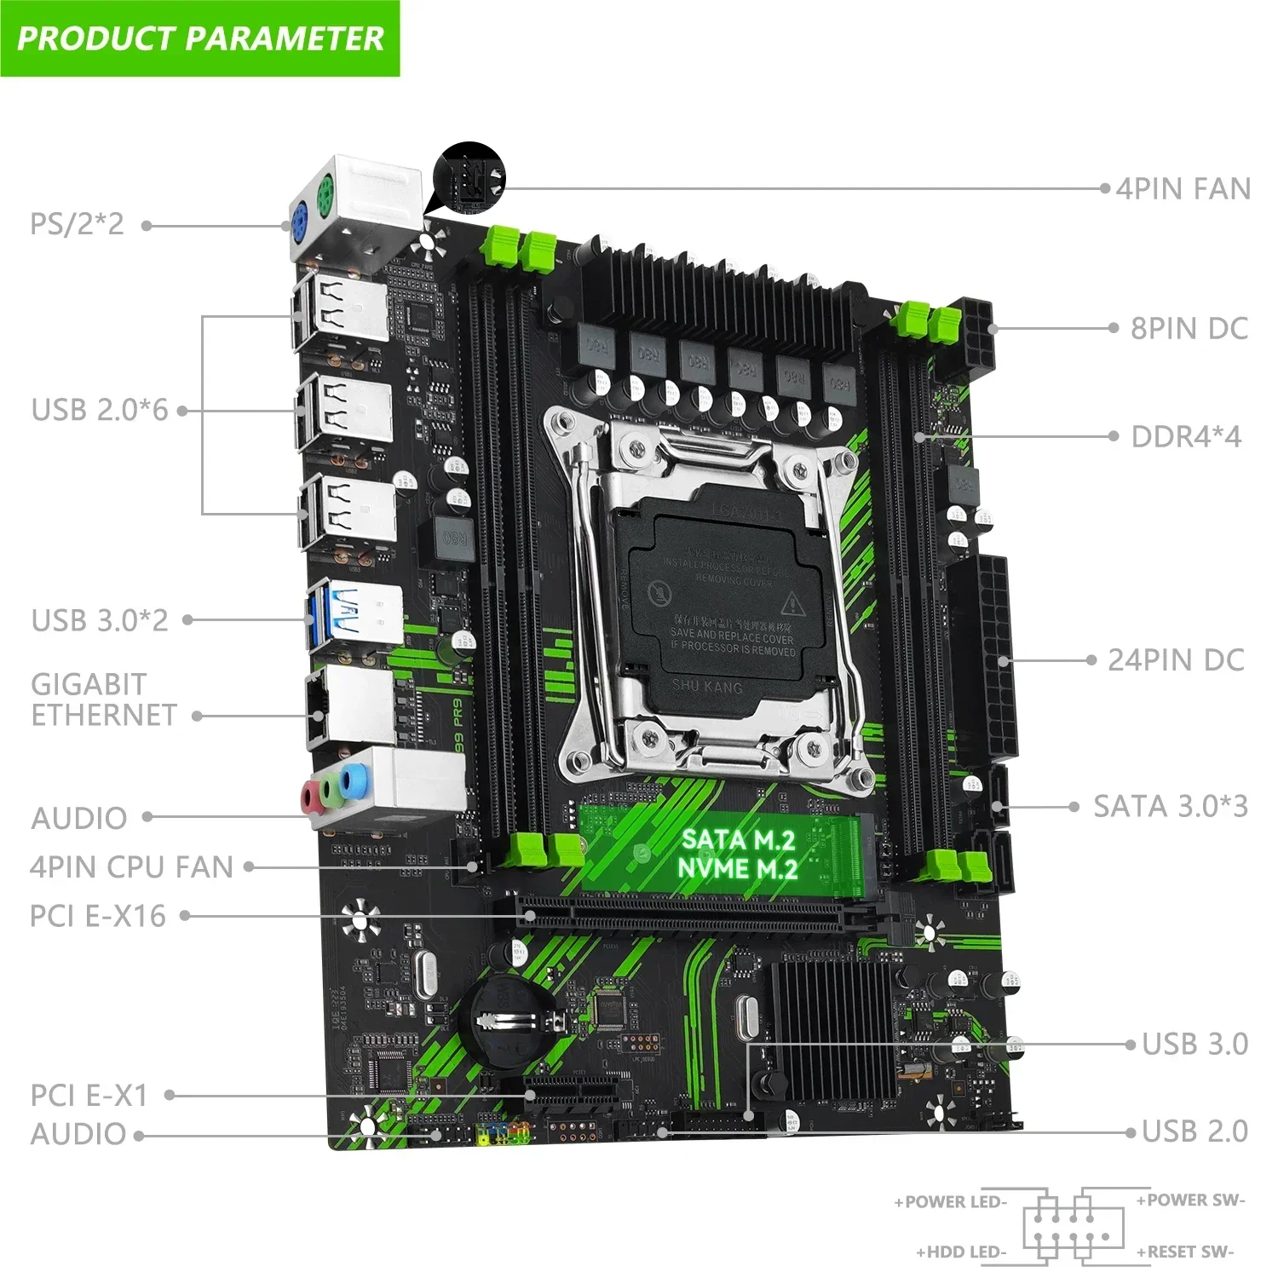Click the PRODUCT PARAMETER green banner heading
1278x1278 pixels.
click(x=200, y=38)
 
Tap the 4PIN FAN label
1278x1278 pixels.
click(x=1183, y=189)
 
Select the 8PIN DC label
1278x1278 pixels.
click(x=1189, y=329)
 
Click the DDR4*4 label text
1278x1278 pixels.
click(x=1185, y=437)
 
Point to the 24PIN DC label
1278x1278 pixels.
click(x=1176, y=660)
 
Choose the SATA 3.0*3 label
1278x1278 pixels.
click(x=1170, y=806)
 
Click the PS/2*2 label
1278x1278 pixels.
click(x=77, y=224)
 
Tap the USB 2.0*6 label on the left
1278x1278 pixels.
click(x=100, y=410)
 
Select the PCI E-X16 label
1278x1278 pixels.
click(x=98, y=916)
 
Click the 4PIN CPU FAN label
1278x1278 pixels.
click(x=131, y=867)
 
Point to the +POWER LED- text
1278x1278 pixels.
click(x=951, y=1202)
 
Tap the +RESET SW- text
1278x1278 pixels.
click(x=1185, y=1252)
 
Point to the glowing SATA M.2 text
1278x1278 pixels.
click(x=738, y=840)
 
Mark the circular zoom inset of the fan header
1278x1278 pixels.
click(x=469, y=178)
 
